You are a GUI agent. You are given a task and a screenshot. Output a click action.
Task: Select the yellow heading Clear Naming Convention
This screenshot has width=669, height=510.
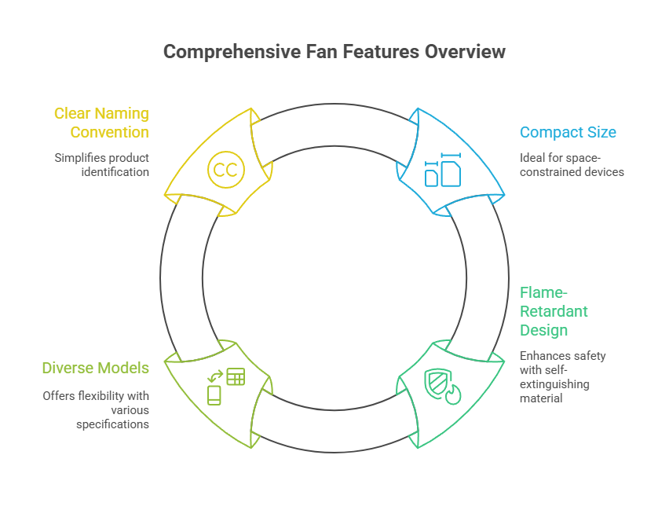coord(101,123)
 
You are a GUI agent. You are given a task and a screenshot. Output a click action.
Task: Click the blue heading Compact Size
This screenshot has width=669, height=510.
coord(568,132)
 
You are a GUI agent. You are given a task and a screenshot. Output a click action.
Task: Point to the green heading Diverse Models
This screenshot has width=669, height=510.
coord(95,368)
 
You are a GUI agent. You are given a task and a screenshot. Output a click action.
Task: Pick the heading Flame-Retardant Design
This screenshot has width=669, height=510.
coord(554,311)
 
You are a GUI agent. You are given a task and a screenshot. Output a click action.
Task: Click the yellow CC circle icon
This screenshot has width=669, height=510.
coord(226,169)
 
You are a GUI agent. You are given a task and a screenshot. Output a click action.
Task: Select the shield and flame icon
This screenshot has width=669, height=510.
coord(443,386)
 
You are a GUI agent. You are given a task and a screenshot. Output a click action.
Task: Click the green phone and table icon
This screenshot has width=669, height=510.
coord(225,386)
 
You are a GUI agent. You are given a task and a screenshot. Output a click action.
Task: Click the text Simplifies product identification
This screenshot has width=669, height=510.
coord(101,164)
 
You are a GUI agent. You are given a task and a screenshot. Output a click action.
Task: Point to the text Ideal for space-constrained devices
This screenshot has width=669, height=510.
coord(572,164)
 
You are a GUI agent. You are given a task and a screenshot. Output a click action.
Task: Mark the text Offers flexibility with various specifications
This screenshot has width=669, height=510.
coord(96,409)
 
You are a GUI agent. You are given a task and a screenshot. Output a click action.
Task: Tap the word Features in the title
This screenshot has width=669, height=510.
coord(385,52)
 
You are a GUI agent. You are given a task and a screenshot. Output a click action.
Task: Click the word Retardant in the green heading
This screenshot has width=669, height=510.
coord(554,311)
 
